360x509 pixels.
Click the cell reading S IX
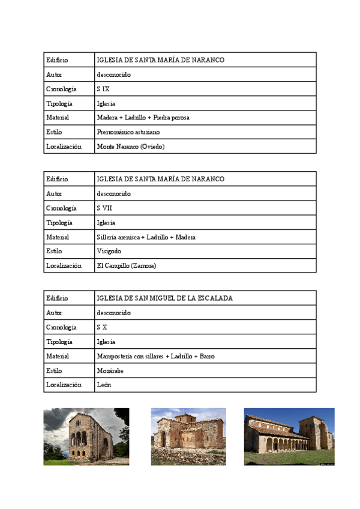[103, 89]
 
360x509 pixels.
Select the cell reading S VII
[104, 208]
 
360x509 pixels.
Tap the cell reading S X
[102, 327]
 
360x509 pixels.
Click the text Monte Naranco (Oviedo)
[130, 146]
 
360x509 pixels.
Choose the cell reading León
[104, 385]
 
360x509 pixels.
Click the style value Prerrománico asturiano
[128, 132]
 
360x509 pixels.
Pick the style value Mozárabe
[110, 370]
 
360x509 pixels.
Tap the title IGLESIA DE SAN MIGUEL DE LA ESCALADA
[164, 298]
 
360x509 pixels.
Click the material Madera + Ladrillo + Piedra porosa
[143, 118]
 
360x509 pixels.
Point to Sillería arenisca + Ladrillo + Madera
[146, 237]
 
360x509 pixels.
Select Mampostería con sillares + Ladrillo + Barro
[155, 356]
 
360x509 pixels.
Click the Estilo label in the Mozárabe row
[54, 370]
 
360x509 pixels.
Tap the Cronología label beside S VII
[61, 208]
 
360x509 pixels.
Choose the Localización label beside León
[64, 385]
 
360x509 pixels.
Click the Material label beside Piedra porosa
[58, 118]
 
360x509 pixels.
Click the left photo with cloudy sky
[86, 436]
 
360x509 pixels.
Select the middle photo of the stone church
[188, 436]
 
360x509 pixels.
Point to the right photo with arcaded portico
[289, 436]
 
